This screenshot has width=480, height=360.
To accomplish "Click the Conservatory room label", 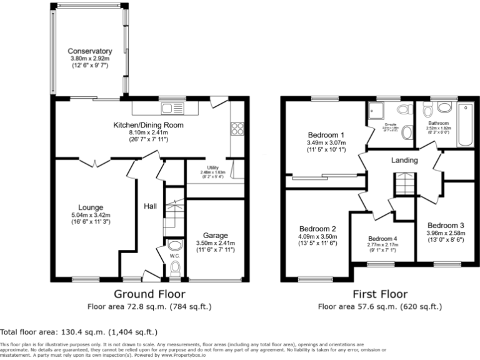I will point(90,51).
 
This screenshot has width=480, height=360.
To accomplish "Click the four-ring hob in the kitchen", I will point(237,128).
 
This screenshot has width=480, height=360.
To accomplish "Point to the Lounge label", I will point(90,207).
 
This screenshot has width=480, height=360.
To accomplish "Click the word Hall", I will point(151,206).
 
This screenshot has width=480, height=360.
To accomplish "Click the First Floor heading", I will point(379,294).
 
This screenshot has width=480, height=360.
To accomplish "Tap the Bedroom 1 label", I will point(326,135).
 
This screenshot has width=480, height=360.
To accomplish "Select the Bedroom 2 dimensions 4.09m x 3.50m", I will point(317,237).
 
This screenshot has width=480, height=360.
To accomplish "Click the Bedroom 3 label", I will point(446,225).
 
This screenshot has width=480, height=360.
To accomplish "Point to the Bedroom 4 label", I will point(382,239).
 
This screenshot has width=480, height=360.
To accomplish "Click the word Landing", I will point(404,161).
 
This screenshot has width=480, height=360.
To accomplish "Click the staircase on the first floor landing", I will point(404,184).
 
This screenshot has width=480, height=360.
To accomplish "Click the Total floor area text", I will point(78,332).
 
